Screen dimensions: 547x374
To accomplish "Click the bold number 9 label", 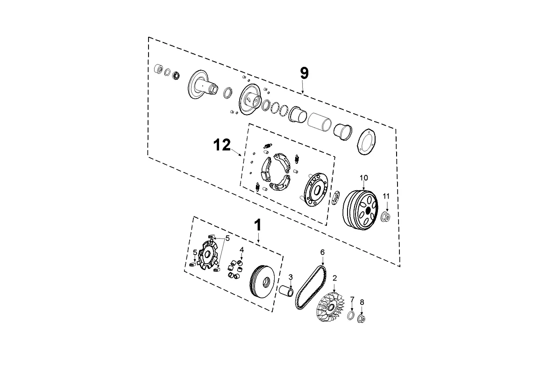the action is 304,73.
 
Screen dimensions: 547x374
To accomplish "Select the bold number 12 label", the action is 222,145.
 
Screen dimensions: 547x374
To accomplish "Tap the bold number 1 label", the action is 257,225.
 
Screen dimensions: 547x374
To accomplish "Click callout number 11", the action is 386,195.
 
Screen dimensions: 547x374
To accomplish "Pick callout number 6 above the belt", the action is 322,252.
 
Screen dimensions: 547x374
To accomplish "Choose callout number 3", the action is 290,277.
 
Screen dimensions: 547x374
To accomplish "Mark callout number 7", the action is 352,299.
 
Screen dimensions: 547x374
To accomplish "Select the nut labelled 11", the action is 386,216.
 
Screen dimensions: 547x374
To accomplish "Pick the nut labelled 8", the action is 362,319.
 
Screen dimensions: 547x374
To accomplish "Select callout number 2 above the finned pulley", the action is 334,278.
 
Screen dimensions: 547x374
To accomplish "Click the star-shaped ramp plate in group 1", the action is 206,255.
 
